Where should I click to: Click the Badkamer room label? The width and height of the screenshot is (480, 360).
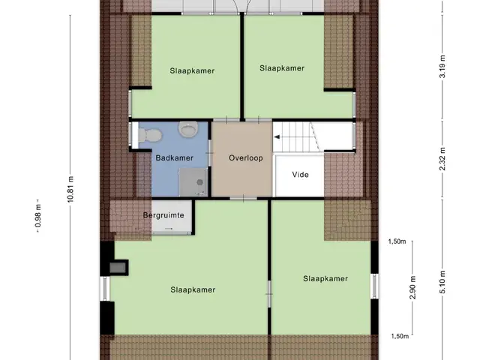click(174, 158)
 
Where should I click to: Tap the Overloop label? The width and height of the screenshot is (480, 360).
click(246, 158)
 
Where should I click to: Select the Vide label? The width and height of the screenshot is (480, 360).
click(300, 175)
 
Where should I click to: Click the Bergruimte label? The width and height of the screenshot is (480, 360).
click(163, 215)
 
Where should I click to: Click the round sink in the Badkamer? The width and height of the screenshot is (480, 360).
click(188, 129)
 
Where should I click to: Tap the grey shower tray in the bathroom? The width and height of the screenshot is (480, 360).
click(193, 181)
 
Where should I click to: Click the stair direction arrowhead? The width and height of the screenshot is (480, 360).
click(277, 137)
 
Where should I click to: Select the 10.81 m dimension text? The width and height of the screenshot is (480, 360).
click(70, 189)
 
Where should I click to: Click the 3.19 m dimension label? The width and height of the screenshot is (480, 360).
click(442, 67)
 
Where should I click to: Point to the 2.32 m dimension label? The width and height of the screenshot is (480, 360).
click(442, 159)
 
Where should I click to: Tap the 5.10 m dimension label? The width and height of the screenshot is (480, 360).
click(442, 282)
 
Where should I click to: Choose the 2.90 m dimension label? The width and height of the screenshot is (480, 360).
click(412, 288)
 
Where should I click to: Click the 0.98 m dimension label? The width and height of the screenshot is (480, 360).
click(38, 216)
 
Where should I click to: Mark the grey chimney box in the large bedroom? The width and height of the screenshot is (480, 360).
click(118, 268)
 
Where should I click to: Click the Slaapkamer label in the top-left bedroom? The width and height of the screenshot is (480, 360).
click(192, 70)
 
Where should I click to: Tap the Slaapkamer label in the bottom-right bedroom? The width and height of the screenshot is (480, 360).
click(325, 278)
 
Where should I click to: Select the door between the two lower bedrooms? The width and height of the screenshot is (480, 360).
click(269, 294)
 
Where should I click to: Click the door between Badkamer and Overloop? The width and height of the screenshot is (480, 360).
click(210, 153)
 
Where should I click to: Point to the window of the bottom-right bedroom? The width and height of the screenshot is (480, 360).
click(374, 286)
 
